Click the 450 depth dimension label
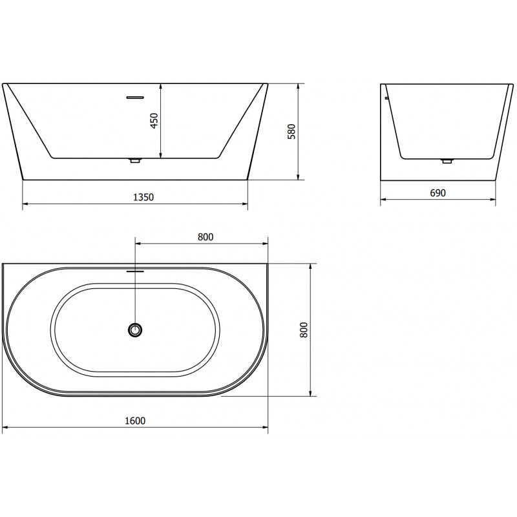(x=154, y=120)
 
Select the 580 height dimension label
(x=291, y=132)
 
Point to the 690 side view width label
(x=438, y=193)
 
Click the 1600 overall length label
(x=135, y=421)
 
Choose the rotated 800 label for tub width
(x=304, y=330)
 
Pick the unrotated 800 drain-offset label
(x=206, y=237)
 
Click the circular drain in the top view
(x=135, y=330)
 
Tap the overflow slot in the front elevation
(x=134, y=98)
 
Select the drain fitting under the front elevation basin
(x=134, y=160)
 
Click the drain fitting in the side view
(x=446, y=160)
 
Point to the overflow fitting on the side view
(x=386, y=98)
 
